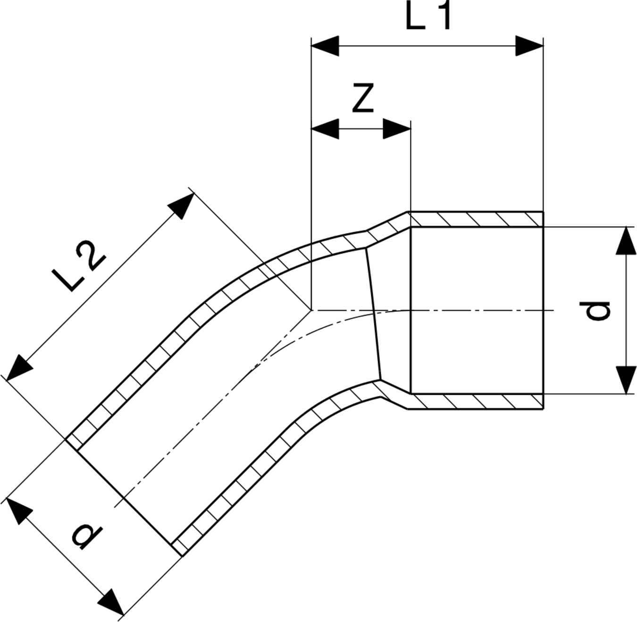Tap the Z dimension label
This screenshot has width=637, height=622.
[363, 98]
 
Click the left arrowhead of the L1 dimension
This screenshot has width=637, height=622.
[325, 46]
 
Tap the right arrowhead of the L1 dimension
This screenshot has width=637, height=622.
[529, 46]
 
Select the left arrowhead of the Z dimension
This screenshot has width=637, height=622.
[325, 129]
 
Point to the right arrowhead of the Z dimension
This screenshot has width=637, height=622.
[397, 129]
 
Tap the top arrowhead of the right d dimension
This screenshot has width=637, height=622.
[626, 240]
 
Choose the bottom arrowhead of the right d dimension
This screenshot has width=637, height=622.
[626, 380]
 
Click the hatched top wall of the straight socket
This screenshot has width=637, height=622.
[477, 219]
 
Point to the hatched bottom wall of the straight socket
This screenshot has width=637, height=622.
[477, 401]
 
